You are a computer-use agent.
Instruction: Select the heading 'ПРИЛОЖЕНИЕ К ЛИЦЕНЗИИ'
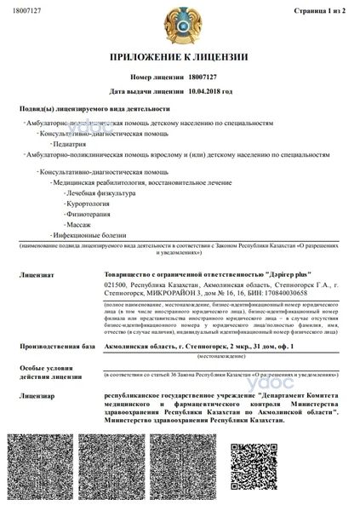pyautogui.click(x=179, y=57)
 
